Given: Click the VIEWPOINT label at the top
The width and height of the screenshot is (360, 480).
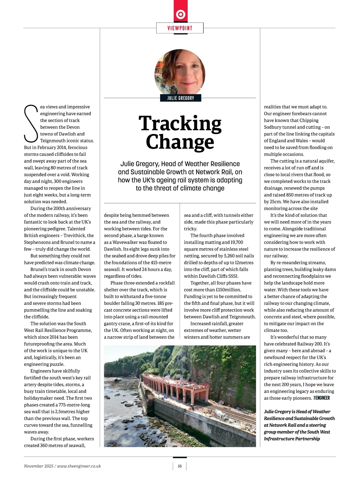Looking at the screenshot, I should [180, 28].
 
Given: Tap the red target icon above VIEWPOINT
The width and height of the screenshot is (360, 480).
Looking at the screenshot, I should [180, 14].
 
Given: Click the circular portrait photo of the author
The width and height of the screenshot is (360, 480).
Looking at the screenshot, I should [180, 72].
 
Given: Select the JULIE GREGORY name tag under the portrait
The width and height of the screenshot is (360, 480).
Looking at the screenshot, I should [180, 98].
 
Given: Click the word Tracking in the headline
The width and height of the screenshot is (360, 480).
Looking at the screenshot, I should [180, 124].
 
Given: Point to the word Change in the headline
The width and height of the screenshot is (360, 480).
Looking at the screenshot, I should [180, 142].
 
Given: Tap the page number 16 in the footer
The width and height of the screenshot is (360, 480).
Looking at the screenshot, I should [180, 466].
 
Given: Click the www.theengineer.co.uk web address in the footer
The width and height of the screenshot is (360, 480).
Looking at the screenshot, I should [79, 466].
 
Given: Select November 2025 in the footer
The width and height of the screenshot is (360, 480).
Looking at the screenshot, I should [38, 466].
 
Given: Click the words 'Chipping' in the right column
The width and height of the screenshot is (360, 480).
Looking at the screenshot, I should [308, 120].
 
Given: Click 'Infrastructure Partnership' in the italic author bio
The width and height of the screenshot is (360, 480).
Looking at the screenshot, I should [292, 439].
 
